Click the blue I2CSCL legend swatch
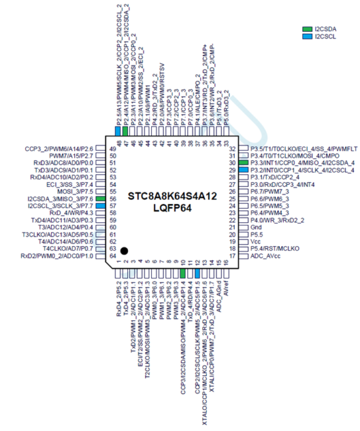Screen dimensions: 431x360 (x=308, y=36)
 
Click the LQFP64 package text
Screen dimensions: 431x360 (x=172, y=208)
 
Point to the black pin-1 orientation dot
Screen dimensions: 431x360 (x=124, y=249)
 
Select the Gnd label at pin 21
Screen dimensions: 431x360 (x=255, y=227)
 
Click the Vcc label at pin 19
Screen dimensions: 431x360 (x=255, y=241)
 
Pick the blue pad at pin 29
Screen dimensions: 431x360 (x=244, y=170)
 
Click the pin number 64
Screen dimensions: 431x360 (x=113, y=256)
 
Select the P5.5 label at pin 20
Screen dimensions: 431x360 (x=256, y=234)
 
